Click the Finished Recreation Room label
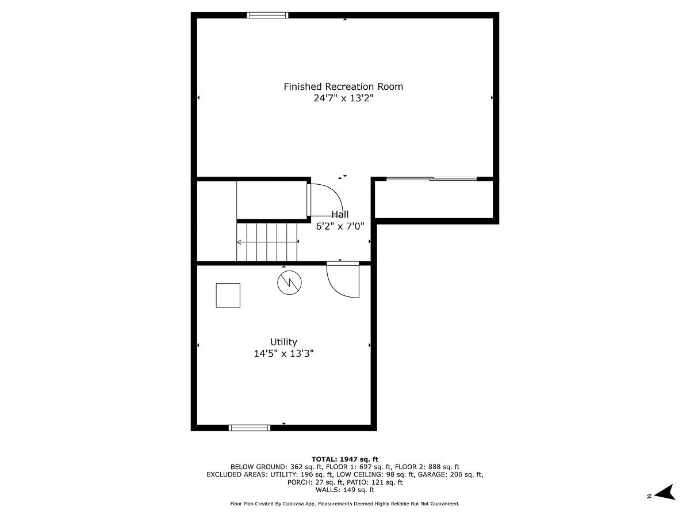[343, 87]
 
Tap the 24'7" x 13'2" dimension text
[343, 98]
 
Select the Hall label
[340, 215]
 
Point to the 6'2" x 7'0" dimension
[340, 226]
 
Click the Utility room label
[283, 342]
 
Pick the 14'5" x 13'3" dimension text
[283, 353]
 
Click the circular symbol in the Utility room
[289, 283]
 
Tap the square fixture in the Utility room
[228, 295]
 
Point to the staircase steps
[267, 242]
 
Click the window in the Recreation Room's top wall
[267, 16]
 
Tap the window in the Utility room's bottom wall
[249, 428]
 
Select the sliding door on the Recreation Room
[431, 179]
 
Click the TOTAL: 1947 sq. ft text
[345, 459]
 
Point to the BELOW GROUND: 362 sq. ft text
[277, 467]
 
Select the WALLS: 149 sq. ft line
[345, 490]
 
